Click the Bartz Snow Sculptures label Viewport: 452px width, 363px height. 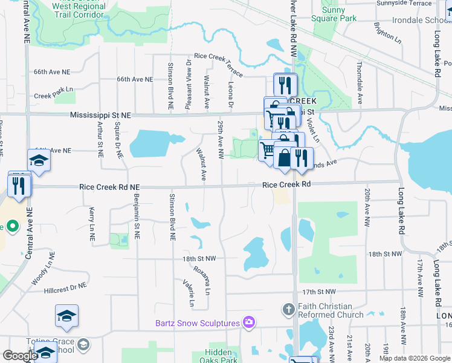198,323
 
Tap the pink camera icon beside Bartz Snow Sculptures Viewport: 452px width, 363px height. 248,322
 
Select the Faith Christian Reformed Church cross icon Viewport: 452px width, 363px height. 288,309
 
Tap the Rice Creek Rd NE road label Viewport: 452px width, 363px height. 109,188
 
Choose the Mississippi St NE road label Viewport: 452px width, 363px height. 100,114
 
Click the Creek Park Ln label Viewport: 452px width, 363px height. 53,96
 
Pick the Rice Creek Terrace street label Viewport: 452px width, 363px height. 219,65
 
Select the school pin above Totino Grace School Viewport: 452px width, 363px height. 66,316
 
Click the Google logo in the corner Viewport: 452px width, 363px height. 19,356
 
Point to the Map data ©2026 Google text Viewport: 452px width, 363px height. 415,358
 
